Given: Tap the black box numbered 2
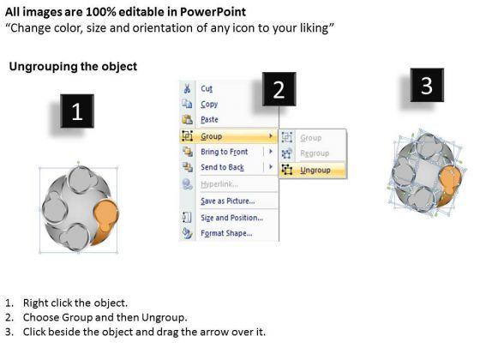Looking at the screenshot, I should [x=279, y=90].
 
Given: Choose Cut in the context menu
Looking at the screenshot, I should [x=207, y=88].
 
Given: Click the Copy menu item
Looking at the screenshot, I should [x=209, y=104].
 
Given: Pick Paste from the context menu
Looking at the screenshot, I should [x=209, y=120].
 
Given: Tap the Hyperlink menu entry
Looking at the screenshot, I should [x=219, y=183].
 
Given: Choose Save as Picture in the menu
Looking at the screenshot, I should [x=227, y=201].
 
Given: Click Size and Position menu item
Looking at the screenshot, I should [x=231, y=217].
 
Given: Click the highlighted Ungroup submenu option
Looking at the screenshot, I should [x=315, y=170].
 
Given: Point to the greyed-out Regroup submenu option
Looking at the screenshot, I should [x=313, y=153].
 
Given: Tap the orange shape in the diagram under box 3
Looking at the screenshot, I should [x=448, y=182].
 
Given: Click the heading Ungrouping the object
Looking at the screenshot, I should [x=72, y=67].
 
